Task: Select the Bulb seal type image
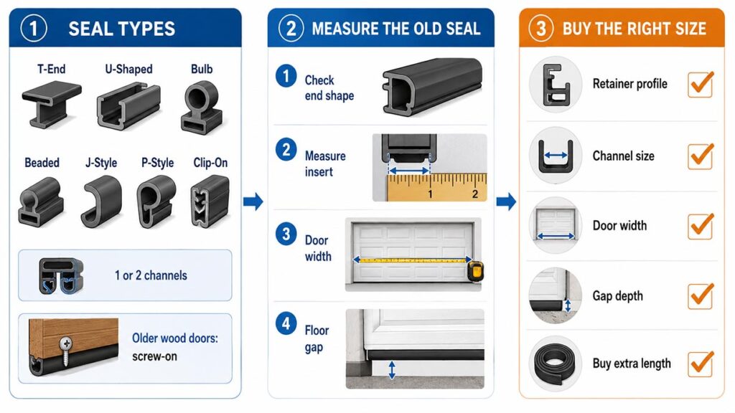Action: pyautogui.click(x=201, y=107)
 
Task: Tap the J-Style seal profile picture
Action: pyautogui.click(x=101, y=201)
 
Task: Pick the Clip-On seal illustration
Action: pyautogui.click(x=210, y=201)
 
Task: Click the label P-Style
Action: pyautogui.click(x=157, y=163)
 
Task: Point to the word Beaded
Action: pyautogui.click(x=42, y=163)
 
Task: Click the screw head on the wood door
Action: pyautogui.click(x=66, y=345)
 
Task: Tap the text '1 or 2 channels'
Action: pyautogui.click(x=151, y=275)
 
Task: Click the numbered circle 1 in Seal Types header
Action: pyautogui.click(x=34, y=29)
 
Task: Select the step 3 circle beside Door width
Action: pyautogui.click(x=286, y=234)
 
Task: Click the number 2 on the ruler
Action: pyautogui.click(x=475, y=194)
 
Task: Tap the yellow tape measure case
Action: pyautogui.click(x=476, y=272)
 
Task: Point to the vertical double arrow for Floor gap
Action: pyautogui.click(x=392, y=370)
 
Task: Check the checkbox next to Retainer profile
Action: pyautogui.click(x=701, y=85)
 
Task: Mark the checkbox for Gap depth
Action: pyautogui.click(x=701, y=296)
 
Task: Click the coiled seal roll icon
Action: pyautogui.click(x=555, y=364)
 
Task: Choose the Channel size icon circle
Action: pyautogui.click(x=556, y=156)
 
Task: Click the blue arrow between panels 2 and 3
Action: pyautogui.click(x=506, y=201)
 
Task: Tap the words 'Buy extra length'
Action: pyautogui.click(x=632, y=364)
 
